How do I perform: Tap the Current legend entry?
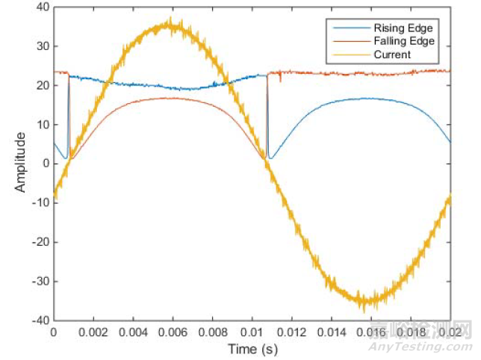point(391,55)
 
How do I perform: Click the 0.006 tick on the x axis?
point(173,332)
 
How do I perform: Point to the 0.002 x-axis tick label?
point(93,332)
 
